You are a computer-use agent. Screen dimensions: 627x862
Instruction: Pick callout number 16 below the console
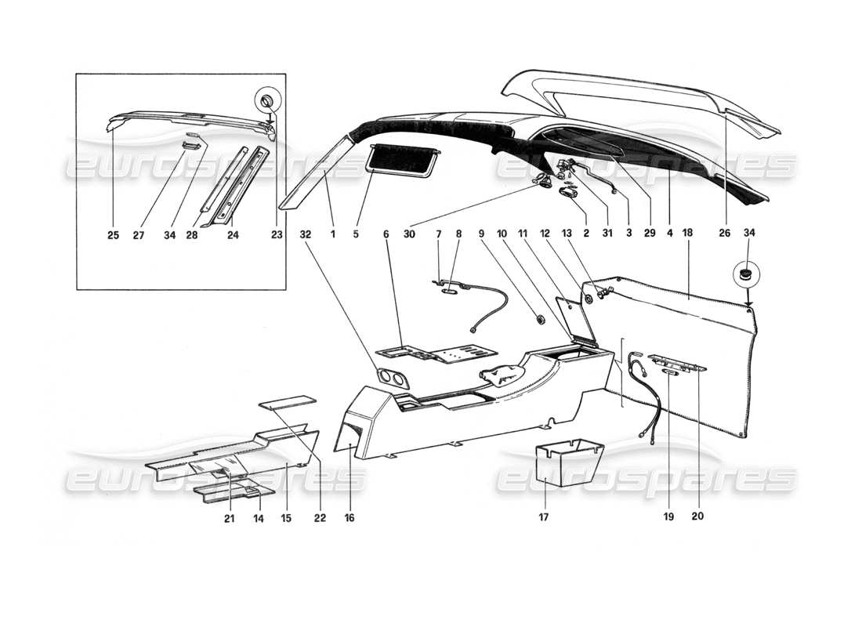(x=349, y=518)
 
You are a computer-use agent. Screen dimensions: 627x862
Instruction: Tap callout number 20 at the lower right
(x=698, y=518)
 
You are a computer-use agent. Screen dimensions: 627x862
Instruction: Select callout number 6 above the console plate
(x=386, y=233)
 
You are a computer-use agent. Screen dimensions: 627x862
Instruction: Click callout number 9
(x=502, y=233)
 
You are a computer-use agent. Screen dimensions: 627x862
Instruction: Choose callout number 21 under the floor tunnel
(x=229, y=518)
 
